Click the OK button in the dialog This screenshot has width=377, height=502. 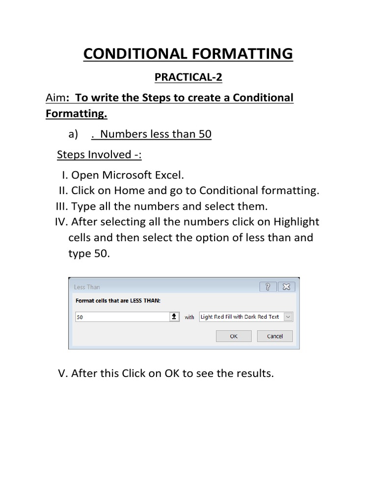(234, 336)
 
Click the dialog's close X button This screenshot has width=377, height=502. (286, 287)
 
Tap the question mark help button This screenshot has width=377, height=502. (268, 287)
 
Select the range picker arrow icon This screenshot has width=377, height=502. (174, 317)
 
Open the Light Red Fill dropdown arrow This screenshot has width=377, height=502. (288, 317)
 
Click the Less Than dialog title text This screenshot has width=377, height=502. (86, 287)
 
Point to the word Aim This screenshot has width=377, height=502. (55, 98)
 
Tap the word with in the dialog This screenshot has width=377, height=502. (189, 318)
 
